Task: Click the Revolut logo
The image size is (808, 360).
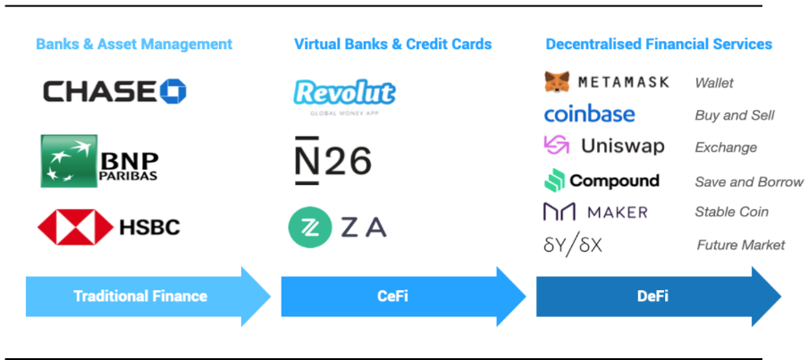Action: point(344,94)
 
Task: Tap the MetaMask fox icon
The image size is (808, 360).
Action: point(558,82)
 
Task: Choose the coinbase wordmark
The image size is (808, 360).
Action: point(589,114)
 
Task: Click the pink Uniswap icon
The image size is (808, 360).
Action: point(556,146)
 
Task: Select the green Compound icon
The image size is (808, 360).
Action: point(554,180)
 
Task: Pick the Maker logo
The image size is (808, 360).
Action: point(595,213)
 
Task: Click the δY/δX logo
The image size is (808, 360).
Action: point(573,244)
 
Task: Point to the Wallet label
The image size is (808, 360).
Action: point(714,83)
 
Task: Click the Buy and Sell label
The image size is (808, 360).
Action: point(734,115)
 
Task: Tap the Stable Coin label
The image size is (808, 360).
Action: point(731,213)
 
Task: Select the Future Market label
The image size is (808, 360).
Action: point(740,245)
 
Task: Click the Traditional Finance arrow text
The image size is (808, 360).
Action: point(140,296)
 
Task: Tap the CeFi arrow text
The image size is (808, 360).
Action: point(392,296)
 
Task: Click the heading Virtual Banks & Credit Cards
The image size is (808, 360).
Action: point(392,44)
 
